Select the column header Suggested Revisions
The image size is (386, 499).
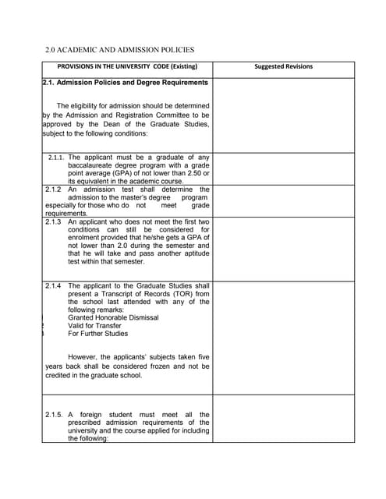pos(283,66)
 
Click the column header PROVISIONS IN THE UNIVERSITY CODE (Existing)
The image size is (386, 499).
pos(127,66)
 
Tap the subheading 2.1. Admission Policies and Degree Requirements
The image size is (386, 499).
pos(126,83)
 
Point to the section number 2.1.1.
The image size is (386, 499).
pos(56,157)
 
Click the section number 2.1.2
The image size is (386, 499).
pos(53,189)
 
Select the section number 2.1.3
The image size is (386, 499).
pos(53,222)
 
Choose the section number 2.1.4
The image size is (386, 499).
pos(53,286)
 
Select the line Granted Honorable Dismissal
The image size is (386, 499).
pos(113,318)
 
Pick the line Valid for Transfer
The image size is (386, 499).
pos(94,326)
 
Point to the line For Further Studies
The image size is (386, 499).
pos(97,334)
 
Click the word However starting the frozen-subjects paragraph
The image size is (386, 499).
pos(84,358)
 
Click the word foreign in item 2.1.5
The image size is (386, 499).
pos(91,415)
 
